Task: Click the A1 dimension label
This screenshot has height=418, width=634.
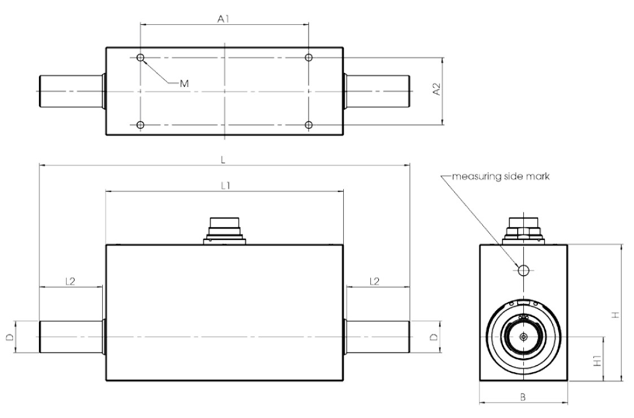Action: click(224, 19)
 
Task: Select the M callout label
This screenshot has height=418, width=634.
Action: click(183, 83)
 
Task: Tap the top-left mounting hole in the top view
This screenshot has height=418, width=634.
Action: click(141, 58)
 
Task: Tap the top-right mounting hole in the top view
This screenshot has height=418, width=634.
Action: click(309, 58)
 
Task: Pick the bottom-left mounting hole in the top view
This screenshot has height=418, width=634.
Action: click(141, 125)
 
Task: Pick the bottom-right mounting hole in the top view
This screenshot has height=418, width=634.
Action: click(309, 125)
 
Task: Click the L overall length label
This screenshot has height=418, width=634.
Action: click(224, 160)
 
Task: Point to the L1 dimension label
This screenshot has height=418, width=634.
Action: click(224, 186)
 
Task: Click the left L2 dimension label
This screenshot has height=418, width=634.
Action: click(71, 281)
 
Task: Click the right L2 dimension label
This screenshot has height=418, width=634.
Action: click(374, 281)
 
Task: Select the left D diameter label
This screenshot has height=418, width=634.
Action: click(10, 337)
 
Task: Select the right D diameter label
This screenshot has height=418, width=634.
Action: click(433, 337)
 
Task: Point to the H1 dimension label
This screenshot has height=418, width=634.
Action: click(597, 360)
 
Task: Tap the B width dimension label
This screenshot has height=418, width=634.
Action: click(523, 397)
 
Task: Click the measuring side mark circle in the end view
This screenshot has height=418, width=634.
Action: click(523, 270)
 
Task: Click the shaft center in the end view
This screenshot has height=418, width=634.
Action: click(523, 337)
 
